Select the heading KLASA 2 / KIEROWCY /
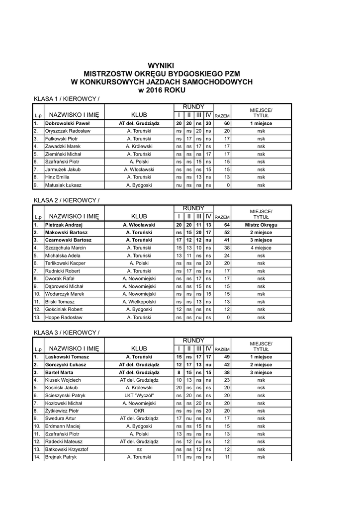pos(66,200)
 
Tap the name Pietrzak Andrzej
pos(64,225)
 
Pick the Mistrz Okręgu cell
pos(261,225)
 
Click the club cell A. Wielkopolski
pos(139,302)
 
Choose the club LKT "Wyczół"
pos(139,395)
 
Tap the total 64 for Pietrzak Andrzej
pos(226,225)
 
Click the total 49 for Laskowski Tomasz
pos(226,357)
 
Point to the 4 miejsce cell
pos(261,248)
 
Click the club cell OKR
pos(139,411)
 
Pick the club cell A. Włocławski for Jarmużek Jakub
pos(139,170)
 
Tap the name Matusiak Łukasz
pos(63,185)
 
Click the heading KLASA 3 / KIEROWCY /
pos(66,332)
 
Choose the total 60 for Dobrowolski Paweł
pos(226,123)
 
